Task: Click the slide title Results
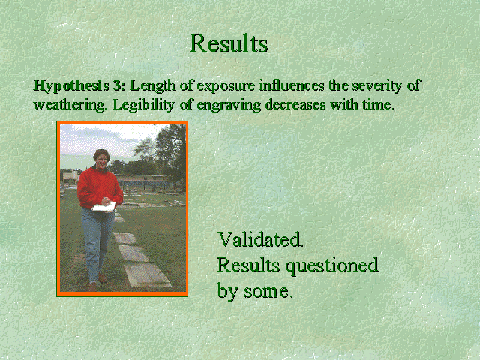tap(229, 43)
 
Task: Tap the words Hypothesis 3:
tap(79, 85)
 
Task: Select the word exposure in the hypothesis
tap(226, 86)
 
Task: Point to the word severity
tap(376, 86)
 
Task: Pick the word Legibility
tap(143, 105)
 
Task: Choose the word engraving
tap(229, 106)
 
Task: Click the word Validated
tap(260, 239)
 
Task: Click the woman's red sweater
tap(100, 188)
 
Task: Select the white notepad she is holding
tap(103, 207)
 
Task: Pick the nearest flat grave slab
tap(147, 275)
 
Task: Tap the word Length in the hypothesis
tap(152, 86)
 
